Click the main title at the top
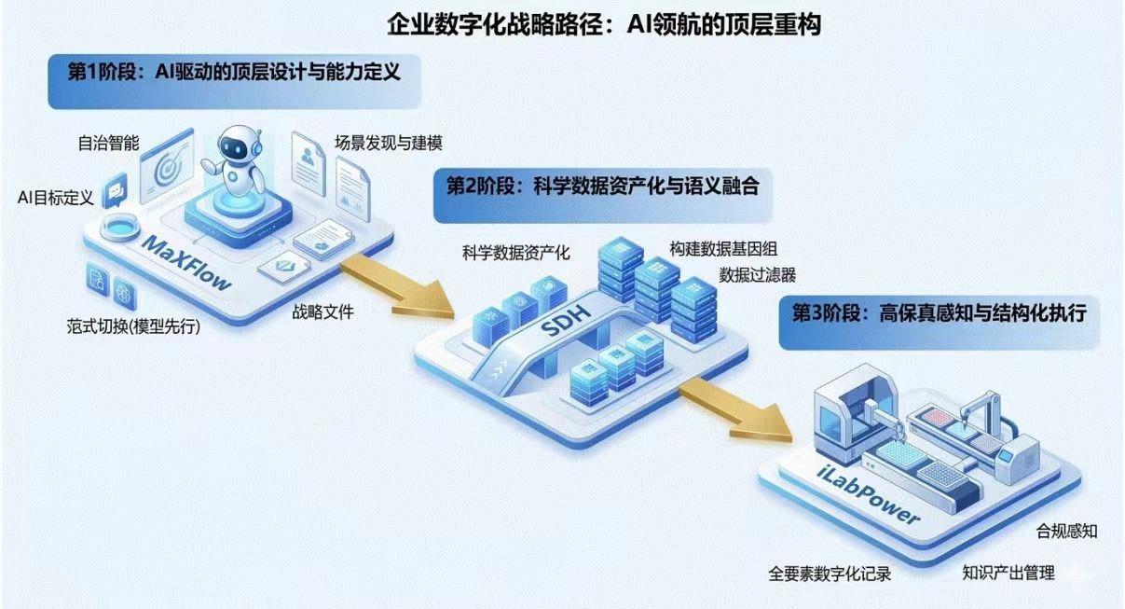tap(604, 24)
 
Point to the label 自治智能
tap(108, 144)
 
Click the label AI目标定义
tap(56, 198)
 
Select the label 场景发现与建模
tap(389, 144)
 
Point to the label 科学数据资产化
tap(515, 252)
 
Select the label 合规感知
tap(1067, 532)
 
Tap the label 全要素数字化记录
tap(830, 574)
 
